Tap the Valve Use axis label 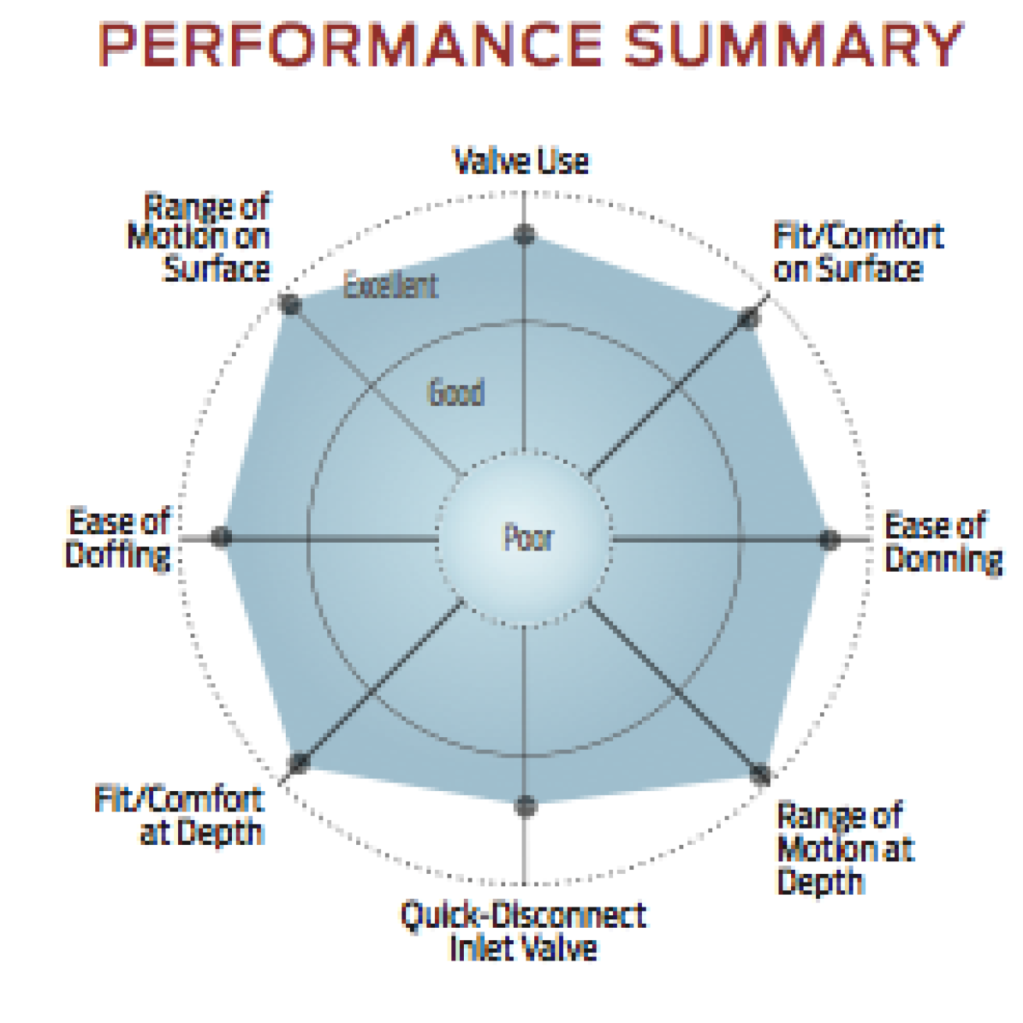[x=521, y=162]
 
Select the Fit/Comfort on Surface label [x=857, y=252]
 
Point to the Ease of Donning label [x=943, y=542]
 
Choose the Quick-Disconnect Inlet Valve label [x=523, y=932]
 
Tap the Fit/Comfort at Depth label [x=180, y=815]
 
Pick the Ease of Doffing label [x=119, y=538]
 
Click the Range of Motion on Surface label [x=200, y=237]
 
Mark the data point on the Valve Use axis [x=525, y=234]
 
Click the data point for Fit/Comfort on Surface [x=749, y=318]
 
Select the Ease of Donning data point [x=829, y=539]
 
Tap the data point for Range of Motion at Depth [x=761, y=774]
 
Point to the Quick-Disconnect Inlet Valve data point [x=526, y=805]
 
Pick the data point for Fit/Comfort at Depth [x=299, y=763]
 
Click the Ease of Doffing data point [x=222, y=536]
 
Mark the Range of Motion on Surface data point [x=291, y=305]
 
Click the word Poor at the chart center [x=528, y=538]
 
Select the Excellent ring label [x=390, y=286]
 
